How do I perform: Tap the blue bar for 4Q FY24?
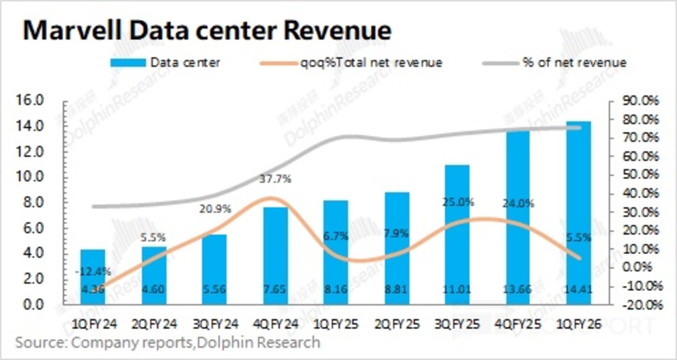tap(276, 256)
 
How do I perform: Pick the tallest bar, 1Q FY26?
tap(578, 213)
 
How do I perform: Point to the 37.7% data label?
tap(276, 179)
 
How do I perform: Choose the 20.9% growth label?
tap(216, 210)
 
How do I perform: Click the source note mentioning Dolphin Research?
tap(167, 343)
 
